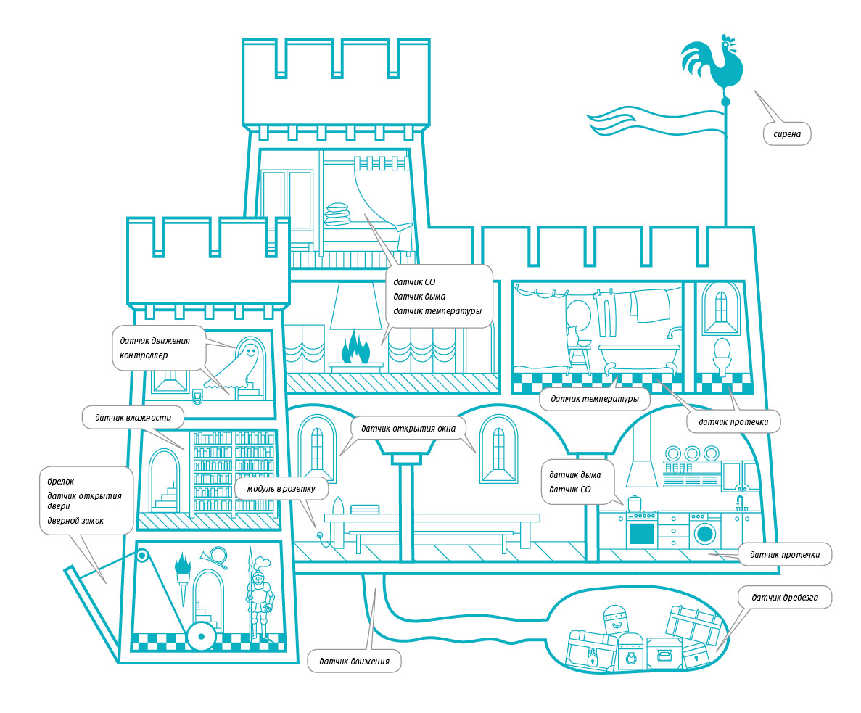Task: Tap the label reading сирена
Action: click(786, 134)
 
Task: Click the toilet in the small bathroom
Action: click(722, 356)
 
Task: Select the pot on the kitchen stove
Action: click(635, 503)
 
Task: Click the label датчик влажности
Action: click(132, 417)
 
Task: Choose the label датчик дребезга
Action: click(785, 598)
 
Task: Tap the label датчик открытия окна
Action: click(409, 428)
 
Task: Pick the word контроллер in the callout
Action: click(144, 355)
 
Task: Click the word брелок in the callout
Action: click(61, 481)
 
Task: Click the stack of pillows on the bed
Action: click(338, 214)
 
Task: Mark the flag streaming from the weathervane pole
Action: click(653, 123)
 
